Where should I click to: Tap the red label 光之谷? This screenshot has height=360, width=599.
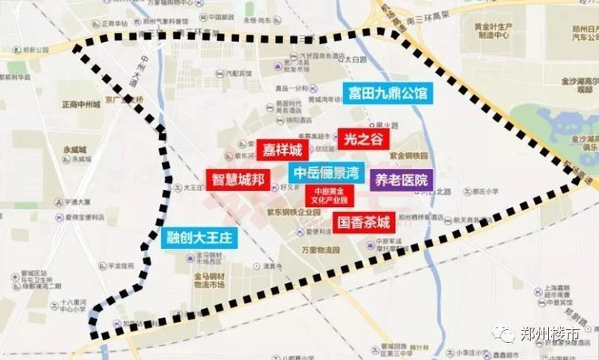pyautogui.click(x=358, y=139)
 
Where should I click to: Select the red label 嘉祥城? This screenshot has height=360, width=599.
pyautogui.click(x=282, y=150)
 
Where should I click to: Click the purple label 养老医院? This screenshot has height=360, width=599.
pyautogui.click(x=400, y=180)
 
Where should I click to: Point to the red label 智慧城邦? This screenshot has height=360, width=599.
pyautogui.click(x=238, y=180)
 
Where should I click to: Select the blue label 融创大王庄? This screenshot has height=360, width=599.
pyautogui.click(x=199, y=239)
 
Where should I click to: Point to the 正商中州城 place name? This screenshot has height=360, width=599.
pyautogui.click(x=81, y=104)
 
